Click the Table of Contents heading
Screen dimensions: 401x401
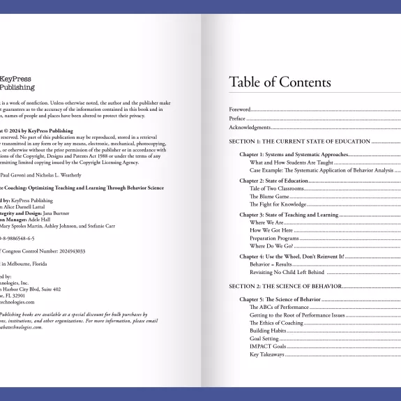point(280,82)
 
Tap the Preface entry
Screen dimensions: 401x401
point(238,119)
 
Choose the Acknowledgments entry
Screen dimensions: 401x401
point(250,128)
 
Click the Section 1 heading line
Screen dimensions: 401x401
point(289,141)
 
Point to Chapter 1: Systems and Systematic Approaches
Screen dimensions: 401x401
point(294,154)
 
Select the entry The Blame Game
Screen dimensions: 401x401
point(271,197)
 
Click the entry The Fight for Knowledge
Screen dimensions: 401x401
point(278,205)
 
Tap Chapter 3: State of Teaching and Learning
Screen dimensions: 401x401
point(289,215)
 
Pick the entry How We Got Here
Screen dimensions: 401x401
point(272,230)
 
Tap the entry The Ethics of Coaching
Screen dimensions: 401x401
point(276,323)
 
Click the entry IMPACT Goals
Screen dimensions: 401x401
point(268,347)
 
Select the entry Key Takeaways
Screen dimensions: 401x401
point(266,355)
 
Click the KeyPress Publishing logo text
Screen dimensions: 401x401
point(17,84)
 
